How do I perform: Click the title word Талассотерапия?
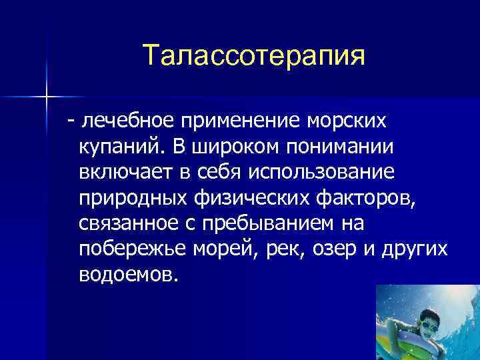click(x=254, y=56)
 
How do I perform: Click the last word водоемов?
click(x=128, y=273)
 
